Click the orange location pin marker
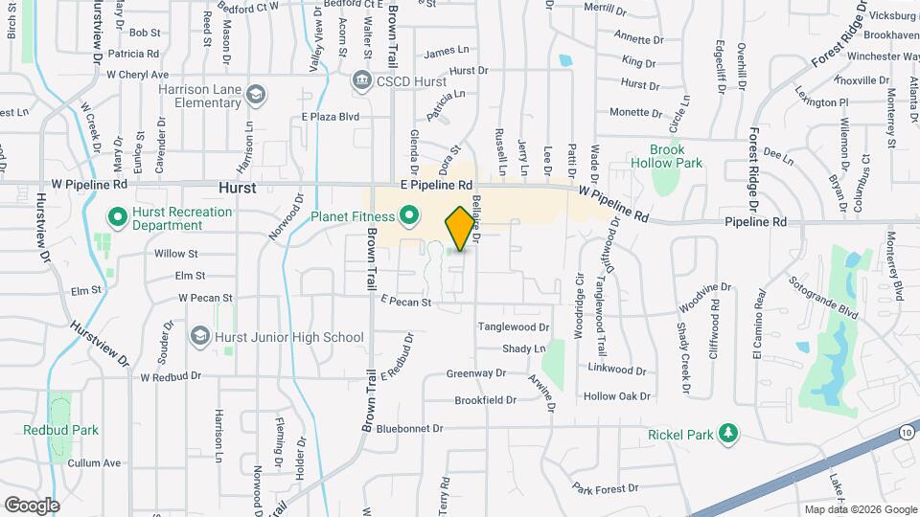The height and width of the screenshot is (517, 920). [461, 228]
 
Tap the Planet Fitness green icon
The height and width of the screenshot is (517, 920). [409, 216]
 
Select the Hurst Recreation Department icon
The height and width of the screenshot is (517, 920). [119, 218]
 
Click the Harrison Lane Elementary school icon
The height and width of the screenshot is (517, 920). [256, 95]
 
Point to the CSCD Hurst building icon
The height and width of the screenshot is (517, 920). [362, 79]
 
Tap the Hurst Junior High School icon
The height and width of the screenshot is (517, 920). [200, 336]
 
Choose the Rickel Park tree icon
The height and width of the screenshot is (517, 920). [729, 435]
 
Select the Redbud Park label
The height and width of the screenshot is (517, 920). [61, 430]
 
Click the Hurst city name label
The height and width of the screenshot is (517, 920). [236, 189]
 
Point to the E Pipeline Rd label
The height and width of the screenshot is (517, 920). [437, 185]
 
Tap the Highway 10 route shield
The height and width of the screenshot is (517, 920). [906, 434]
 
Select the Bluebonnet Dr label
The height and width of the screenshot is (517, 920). [410, 429]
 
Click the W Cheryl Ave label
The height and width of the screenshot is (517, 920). [137, 74]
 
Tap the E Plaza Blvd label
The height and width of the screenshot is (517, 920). [330, 117]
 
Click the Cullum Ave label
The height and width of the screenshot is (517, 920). [100, 462]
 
